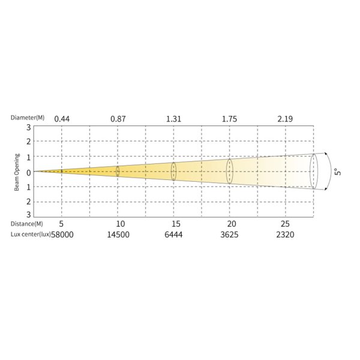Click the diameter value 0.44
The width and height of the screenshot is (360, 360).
pyautogui.click(x=62, y=119)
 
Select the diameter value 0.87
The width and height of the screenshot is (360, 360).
pyautogui.click(x=118, y=119)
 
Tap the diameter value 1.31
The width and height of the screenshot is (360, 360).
pyautogui.click(x=173, y=119)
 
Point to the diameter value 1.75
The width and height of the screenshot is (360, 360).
pyautogui.click(x=229, y=119)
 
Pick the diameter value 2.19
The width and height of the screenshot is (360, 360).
pyautogui.click(x=285, y=119)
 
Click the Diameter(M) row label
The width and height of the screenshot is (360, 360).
pyautogui.click(x=28, y=118)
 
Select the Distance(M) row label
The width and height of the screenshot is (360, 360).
pyautogui.click(x=26, y=224)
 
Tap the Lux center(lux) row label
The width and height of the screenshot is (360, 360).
pyautogui.click(x=31, y=235)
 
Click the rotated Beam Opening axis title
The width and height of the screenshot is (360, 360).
pyautogui.click(x=17, y=172)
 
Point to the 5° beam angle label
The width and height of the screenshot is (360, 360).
pyautogui.click(x=338, y=172)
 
